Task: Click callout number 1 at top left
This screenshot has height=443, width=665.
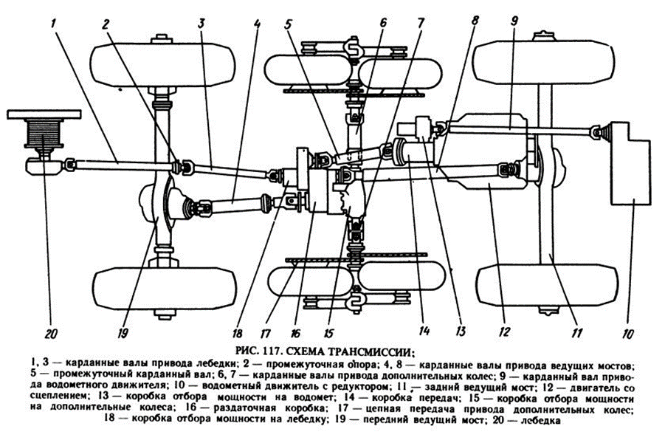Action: tap(55, 23)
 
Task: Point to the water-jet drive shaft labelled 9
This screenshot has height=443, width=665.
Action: tap(517, 131)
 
